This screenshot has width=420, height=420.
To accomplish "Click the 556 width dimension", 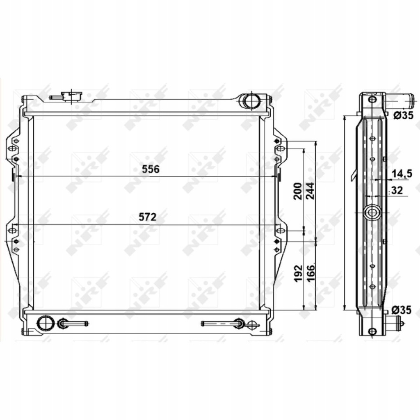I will pos(150,169).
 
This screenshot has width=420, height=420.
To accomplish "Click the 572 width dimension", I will pos(148,217).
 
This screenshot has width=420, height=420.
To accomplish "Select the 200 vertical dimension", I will pos(299,191).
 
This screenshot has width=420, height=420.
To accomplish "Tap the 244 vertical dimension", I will pos(310,191).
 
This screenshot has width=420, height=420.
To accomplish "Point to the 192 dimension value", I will pos(299,273).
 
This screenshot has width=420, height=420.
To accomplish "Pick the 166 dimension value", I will pos(310,273).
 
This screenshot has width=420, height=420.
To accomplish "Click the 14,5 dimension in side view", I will pos(402,174).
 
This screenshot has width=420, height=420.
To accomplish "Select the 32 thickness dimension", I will pos(397,190).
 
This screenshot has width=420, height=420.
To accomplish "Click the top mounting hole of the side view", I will pos(372,100).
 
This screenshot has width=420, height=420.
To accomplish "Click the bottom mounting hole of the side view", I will pos(372,331).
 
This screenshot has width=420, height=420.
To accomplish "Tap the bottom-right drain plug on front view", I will pos(251,324).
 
